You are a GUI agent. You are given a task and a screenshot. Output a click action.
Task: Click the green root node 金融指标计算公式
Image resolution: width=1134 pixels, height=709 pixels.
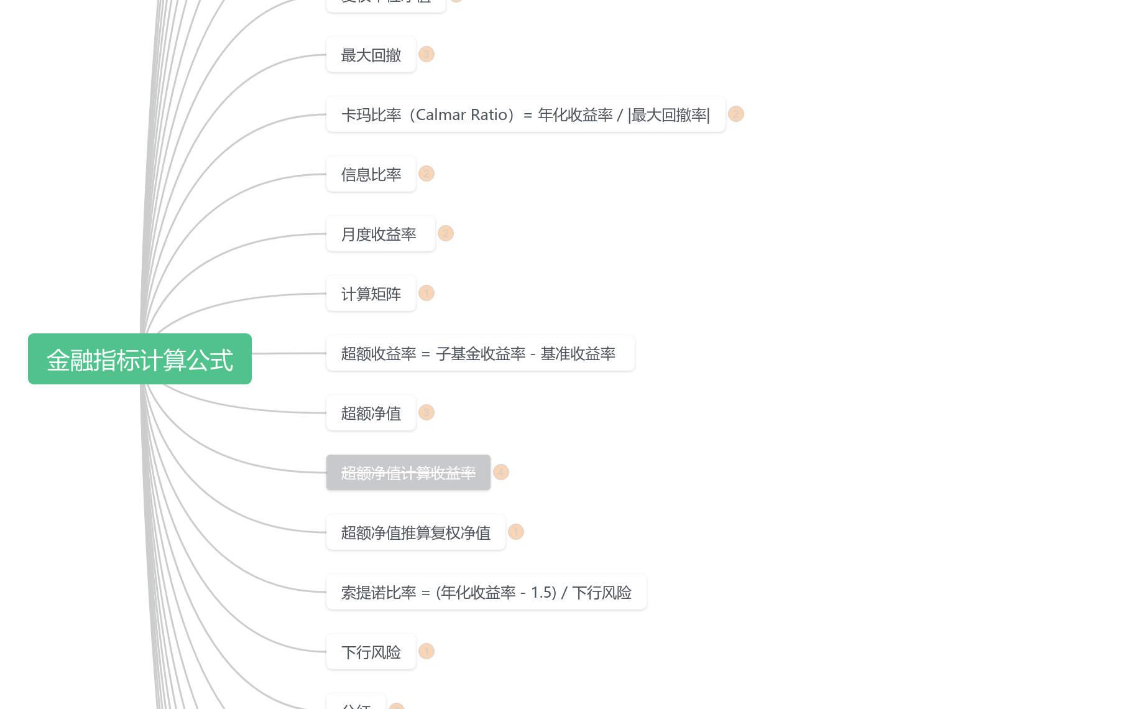tap(140, 359)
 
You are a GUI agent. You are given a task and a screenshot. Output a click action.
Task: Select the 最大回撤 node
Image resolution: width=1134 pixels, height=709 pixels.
tap(371, 55)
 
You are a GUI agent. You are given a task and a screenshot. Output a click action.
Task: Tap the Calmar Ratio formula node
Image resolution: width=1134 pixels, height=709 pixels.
tap(525, 114)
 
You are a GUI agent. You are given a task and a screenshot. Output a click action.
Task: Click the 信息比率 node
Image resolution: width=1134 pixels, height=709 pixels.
tap(371, 174)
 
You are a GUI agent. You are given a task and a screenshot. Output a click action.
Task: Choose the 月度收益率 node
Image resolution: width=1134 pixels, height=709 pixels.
tap(380, 234)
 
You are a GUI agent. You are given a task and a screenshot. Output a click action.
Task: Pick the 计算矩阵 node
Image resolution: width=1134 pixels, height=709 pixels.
tap(371, 294)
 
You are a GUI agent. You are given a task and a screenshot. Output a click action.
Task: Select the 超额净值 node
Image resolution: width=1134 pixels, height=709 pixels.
tap(371, 413)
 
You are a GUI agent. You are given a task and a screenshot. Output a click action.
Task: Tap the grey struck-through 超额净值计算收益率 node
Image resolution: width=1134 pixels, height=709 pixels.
tap(408, 473)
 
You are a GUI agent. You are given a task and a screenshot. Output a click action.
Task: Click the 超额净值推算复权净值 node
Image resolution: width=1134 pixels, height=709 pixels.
tap(415, 532)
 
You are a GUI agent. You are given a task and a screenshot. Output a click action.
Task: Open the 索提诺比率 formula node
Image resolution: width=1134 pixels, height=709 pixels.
tap(486, 592)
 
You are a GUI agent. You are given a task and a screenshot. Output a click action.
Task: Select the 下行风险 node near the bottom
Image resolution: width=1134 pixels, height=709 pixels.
tap(371, 652)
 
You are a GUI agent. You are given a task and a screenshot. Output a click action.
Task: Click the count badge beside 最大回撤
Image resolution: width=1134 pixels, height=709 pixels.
tap(426, 54)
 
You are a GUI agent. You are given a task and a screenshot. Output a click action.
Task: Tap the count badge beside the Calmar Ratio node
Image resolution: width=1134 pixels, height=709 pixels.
tap(736, 114)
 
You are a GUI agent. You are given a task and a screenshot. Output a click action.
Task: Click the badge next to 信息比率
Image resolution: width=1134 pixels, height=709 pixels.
tap(426, 174)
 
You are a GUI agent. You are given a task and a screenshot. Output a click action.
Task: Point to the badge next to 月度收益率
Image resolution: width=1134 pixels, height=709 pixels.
tap(446, 233)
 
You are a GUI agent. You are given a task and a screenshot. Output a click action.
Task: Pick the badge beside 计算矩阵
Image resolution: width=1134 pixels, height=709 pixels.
tap(426, 293)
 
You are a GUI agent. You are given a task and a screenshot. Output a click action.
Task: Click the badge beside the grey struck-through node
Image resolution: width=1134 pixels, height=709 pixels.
tap(501, 472)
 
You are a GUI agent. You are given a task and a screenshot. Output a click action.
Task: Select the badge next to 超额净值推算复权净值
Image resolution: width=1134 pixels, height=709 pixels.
tap(516, 532)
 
